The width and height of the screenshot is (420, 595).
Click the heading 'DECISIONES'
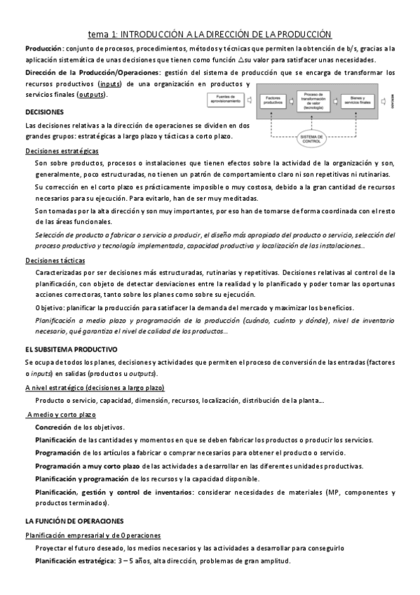coord(44,112)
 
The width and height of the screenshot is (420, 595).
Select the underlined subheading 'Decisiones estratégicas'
coord(62,151)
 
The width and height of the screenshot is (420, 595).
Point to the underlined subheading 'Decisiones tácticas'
coord(55,260)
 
